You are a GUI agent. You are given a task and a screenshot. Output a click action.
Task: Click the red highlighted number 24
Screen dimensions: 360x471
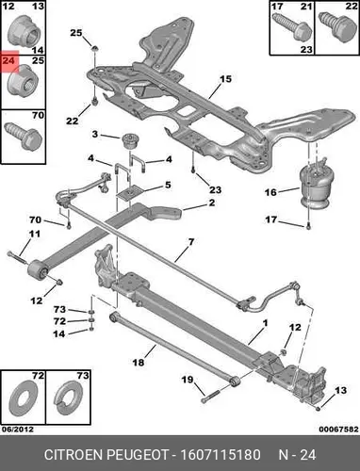tap(8, 60)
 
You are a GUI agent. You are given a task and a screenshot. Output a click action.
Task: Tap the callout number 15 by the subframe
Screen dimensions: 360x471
tap(225, 79)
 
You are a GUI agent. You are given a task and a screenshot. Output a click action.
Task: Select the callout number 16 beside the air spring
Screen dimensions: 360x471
tap(270, 192)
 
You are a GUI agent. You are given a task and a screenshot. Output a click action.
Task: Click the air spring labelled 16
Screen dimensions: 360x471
tap(315, 187)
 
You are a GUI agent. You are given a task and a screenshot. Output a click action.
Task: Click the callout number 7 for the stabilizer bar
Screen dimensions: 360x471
tap(191, 242)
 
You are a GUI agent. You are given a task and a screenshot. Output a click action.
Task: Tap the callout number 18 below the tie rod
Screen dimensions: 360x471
tap(139, 363)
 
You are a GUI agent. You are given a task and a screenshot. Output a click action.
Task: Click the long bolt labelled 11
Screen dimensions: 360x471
tap(19, 258)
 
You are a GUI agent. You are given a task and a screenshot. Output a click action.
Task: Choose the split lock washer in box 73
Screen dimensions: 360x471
tap(68, 398)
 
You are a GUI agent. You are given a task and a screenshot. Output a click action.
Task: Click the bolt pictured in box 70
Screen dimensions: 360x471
tap(24, 137)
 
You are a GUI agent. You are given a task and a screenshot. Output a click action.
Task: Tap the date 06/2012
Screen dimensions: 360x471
tap(17, 429)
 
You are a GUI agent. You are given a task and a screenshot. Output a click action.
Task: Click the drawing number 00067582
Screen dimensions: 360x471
tap(338, 429)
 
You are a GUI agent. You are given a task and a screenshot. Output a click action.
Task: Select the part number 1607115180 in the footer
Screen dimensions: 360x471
tap(220, 455)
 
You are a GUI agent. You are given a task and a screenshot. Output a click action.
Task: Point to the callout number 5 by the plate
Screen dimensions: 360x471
tap(168, 185)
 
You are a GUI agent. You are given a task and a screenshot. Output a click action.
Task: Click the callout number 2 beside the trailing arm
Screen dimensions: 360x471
tap(212, 203)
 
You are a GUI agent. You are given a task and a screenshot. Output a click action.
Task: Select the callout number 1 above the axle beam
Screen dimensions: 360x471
tap(265, 323)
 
